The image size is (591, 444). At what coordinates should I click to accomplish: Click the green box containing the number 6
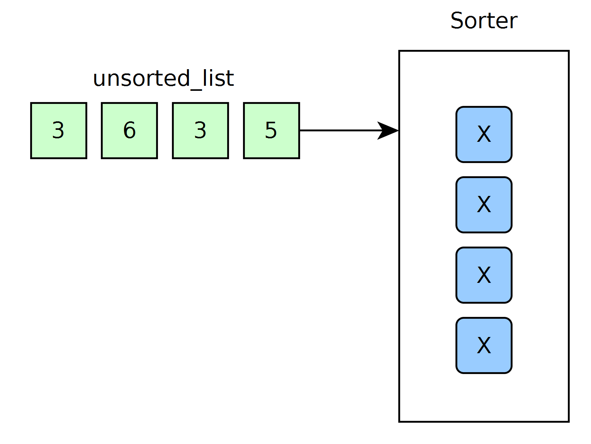click(x=129, y=131)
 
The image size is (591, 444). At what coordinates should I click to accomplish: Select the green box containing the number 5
click(x=272, y=131)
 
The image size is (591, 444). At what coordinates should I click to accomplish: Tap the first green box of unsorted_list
click(x=59, y=131)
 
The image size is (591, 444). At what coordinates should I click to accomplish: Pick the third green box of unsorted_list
click(x=200, y=131)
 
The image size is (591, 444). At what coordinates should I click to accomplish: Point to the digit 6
click(x=129, y=130)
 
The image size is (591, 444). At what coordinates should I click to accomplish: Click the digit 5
click(x=271, y=130)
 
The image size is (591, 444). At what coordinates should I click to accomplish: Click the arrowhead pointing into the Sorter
click(x=388, y=131)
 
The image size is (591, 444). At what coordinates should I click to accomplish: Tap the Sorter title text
click(x=484, y=20)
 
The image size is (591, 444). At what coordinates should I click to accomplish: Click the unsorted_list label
click(x=163, y=78)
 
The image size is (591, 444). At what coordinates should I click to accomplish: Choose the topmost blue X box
click(x=484, y=134)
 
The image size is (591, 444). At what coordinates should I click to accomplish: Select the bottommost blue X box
click(x=484, y=345)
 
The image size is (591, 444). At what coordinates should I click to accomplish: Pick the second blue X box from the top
click(x=484, y=205)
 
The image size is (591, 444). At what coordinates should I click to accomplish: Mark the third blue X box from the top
click(x=484, y=275)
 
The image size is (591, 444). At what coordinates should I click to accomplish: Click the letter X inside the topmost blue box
click(x=484, y=134)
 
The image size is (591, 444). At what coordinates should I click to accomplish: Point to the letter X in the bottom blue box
click(x=484, y=345)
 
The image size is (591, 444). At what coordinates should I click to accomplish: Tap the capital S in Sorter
click(x=457, y=20)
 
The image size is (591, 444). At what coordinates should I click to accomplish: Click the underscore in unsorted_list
click(x=196, y=90)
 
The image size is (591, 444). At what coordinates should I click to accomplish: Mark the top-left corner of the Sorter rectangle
click(x=399, y=51)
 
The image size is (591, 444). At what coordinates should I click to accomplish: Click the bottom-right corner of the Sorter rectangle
click(x=569, y=422)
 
